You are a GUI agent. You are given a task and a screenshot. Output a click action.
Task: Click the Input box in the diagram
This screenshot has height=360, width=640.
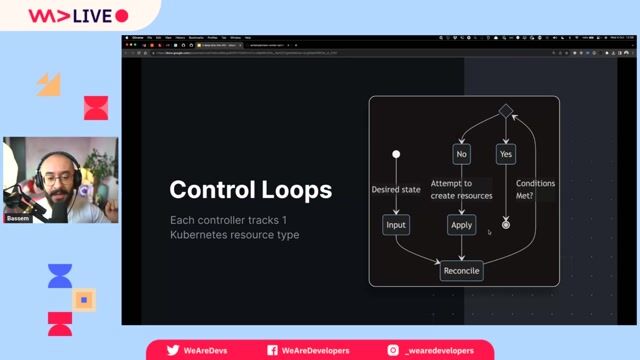[x=396, y=225]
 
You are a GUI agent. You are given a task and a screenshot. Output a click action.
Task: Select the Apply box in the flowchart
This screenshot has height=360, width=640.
[x=461, y=225]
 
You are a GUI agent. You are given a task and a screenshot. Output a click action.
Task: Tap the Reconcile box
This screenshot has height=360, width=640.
[x=461, y=270]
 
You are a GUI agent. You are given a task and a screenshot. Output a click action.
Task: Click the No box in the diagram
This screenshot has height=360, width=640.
[x=461, y=154]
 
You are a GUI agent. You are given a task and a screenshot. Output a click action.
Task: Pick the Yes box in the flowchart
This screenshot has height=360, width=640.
[x=505, y=154]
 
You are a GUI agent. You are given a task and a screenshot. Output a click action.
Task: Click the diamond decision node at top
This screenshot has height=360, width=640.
[x=505, y=110]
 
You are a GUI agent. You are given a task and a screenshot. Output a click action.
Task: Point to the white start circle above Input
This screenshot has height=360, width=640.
[x=396, y=154]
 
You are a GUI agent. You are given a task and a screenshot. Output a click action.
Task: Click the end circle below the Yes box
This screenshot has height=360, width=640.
[x=505, y=225]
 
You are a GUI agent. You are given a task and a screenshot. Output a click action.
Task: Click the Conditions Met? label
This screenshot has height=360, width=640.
[x=535, y=190]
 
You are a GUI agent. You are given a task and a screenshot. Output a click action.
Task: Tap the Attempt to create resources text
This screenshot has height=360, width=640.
[x=461, y=190]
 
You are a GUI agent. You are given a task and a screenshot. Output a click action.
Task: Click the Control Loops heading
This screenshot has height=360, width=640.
[x=250, y=189]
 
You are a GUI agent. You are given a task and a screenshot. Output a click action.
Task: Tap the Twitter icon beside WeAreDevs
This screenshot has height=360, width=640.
[x=173, y=350]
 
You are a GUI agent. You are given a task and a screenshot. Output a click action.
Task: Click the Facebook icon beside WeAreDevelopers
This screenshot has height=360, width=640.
[x=272, y=350]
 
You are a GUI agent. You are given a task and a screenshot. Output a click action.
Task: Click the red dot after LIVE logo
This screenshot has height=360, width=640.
[x=122, y=16]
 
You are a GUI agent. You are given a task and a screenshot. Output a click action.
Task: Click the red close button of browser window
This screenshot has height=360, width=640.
[x=127, y=38]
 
